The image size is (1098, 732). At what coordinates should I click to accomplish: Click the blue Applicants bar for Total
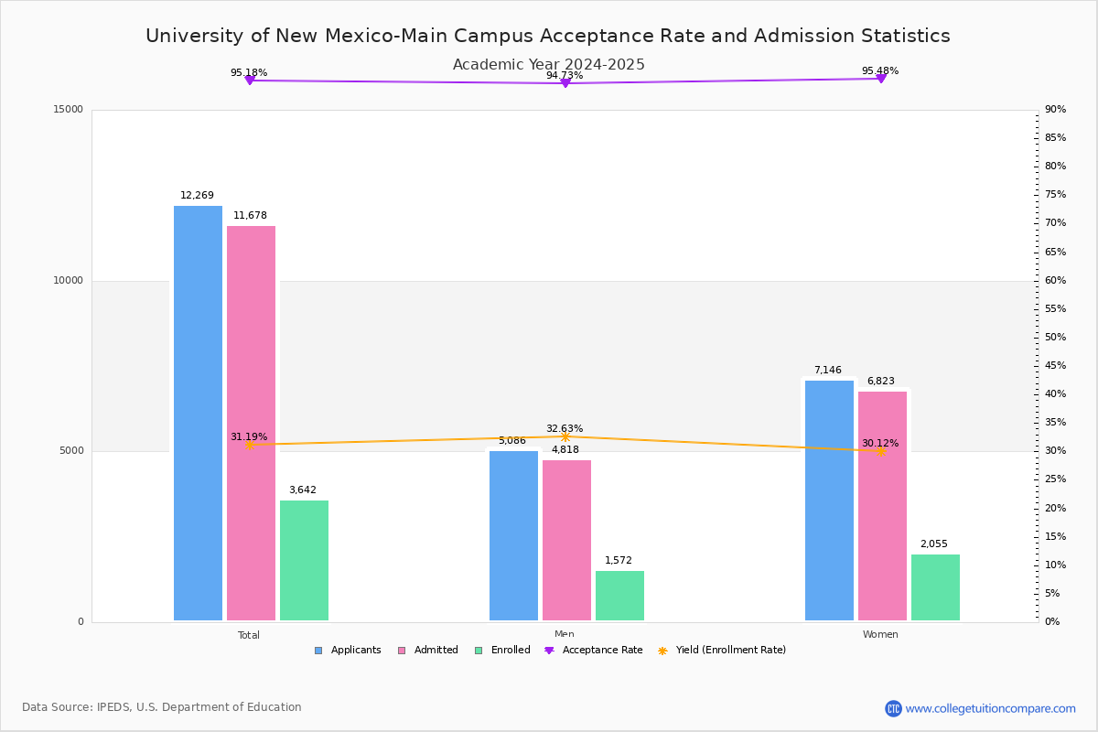(x=198, y=413)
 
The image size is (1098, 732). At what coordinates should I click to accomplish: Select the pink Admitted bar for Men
(x=566, y=540)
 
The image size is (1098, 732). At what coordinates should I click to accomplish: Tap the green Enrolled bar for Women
(x=935, y=587)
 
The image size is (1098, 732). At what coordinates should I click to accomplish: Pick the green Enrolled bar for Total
(x=304, y=560)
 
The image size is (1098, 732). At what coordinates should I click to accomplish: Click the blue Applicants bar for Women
(x=829, y=501)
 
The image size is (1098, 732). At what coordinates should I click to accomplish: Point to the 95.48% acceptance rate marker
(x=881, y=79)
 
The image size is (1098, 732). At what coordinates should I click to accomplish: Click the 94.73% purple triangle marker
(x=565, y=83)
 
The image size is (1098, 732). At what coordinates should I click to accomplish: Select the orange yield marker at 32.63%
(x=565, y=436)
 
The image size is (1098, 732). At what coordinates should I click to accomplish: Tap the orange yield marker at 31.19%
(x=250, y=446)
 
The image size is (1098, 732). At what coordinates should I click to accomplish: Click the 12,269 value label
(x=197, y=195)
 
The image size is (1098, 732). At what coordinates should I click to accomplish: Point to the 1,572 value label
(x=619, y=560)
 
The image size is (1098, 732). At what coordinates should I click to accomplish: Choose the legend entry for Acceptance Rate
(x=593, y=651)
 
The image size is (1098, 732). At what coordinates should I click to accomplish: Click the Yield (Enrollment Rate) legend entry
(x=722, y=651)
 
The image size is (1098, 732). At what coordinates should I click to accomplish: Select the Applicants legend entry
(x=348, y=651)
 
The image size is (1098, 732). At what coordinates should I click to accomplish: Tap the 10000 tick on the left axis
(x=68, y=280)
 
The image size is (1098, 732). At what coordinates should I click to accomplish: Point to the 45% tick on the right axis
(x=1055, y=365)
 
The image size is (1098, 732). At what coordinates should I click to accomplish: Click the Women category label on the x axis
(x=880, y=634)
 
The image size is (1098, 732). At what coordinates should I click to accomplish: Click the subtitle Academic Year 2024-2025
(x=548, y=64)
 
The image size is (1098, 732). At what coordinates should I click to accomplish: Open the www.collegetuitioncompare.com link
(x=990, y=708)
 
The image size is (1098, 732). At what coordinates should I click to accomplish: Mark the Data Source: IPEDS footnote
(x=162, y=707)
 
